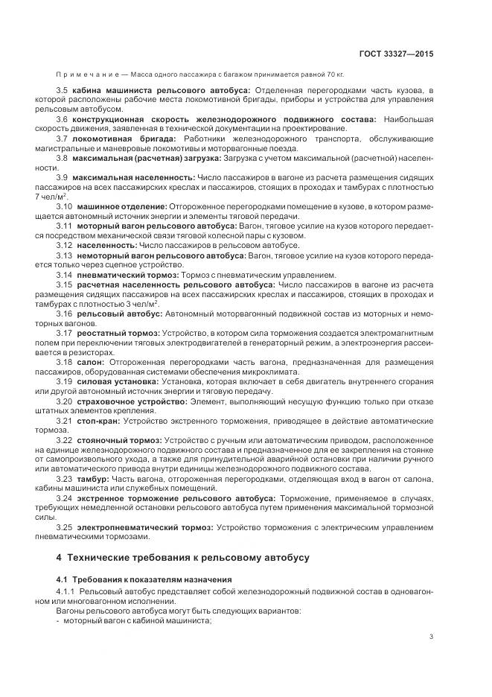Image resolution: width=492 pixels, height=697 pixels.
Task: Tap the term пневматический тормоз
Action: [127, 275]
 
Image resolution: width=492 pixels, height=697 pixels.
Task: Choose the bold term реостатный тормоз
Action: [118, 333]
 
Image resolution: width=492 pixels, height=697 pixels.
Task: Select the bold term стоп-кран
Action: [97, 420]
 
